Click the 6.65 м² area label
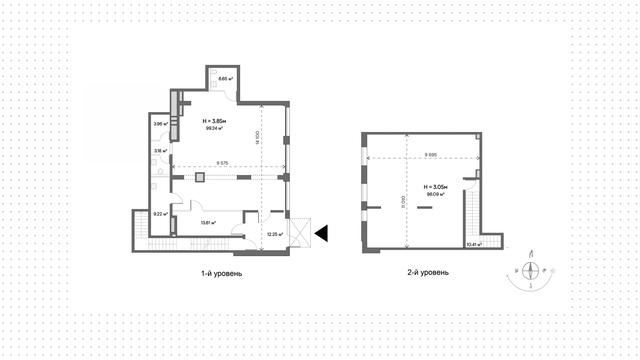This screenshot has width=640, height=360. pos(225,79)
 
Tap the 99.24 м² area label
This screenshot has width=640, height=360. pos(214,128)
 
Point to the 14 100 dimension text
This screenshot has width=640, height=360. pos(257,138)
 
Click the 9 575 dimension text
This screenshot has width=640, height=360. pos(222,163)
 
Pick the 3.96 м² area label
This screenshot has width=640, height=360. pos(161,124)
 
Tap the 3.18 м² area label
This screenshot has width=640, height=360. pos(161,151)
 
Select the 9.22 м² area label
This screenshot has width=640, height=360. pos(160,214)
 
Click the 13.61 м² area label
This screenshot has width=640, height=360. pos(208,223)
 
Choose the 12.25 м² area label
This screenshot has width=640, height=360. pos(275,234)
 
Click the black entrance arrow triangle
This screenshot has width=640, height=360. pos(322,233)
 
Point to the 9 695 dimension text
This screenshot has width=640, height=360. pos(431,155)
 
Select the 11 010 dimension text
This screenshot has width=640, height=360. pos(403,202)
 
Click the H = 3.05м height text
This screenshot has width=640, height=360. pos(435,187)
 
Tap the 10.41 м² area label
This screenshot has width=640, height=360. pos(474,244)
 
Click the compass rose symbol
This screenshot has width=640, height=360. pos(530,270)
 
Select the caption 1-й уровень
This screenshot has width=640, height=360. pos(221,274)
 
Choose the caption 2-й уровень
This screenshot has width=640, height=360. pos(428,272)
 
